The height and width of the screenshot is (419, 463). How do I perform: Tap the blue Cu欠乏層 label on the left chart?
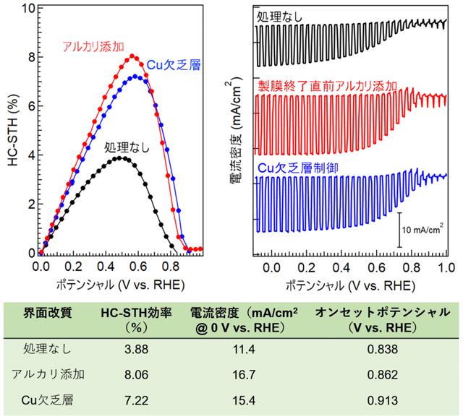(x=173, y=65)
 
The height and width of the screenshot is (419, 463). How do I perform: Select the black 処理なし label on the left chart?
(x=127, y=147)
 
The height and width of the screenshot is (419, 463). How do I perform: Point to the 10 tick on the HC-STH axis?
(x=28, y=10)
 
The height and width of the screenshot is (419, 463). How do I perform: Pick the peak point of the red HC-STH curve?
(x=132, y=56)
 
